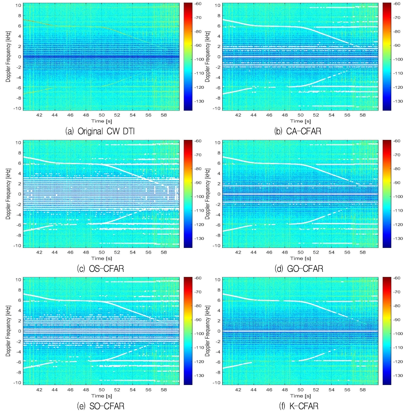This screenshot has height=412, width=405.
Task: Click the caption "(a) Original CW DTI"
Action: pyautogui.click(x=100, y=131)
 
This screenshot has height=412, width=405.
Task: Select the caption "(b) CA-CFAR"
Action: pyautogui.click(x=298, y=131)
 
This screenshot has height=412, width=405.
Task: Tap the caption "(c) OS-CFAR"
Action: pyautogui.click(x=100, y=268)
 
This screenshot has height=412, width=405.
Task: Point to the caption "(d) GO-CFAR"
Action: pyautogui.click(x=299, y=268)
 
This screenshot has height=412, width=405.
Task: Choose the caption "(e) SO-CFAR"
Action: pyautogui.click(x=101, y=406)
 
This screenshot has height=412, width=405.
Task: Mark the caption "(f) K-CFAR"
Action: pyautogui.click(x=299, y=406)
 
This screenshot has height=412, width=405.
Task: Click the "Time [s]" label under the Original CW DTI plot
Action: pyautogui.click(x=101, y=121)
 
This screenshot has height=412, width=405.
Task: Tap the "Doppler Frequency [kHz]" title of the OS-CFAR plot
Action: pyautogui.click(x=8, y=194)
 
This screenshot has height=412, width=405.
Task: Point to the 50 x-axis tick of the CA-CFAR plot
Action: pyautogui.click(x=301, y=115)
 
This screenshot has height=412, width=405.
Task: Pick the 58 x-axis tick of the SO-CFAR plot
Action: pyautogui.click(x=164, y=390)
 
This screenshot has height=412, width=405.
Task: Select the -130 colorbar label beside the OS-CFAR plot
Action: pyautogui.click(x=199, y=239)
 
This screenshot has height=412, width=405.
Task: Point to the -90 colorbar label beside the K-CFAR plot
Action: pyautogui.click(x=396, y=320)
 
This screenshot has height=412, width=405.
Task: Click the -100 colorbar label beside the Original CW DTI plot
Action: pyautogui.click(x=199, y=59)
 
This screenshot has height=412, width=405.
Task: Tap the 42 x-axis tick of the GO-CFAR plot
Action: pyautogui.click(x=238, y=252)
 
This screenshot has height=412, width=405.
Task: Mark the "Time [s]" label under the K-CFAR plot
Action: pyautogui.click(x=301, y=396)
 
